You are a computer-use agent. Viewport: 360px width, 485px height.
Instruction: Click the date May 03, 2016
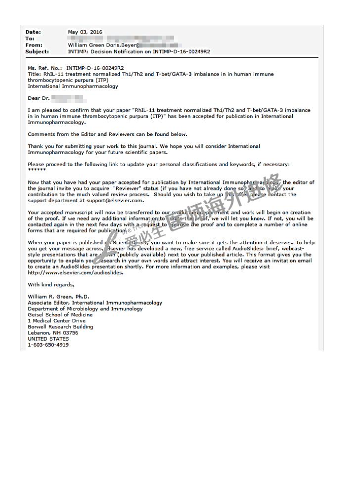pyautogui.click(x=85, y=32)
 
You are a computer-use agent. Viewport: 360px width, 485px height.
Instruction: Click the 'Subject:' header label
pyautogui.click(x=37, y=51)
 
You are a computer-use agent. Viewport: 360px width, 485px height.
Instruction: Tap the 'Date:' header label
pyautogui.click(x=33, y=32)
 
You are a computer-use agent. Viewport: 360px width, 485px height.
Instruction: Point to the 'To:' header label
pyautogui.click(x=30, y=39)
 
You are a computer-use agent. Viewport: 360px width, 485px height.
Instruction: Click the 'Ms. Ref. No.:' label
pyautogui.click(x=45, y=68)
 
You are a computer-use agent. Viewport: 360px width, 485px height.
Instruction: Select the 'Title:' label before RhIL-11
pyautogui.click(x=35, y=74)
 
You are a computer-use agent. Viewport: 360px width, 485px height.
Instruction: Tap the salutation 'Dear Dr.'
pyautogui.click(x=38, y=98)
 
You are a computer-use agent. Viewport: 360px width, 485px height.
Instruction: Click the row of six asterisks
pyautogui.click(x=37, y=170)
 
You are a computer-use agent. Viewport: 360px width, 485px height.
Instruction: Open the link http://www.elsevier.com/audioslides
pyautogui.click(x=76, y=272)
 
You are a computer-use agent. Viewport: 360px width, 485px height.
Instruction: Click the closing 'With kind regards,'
pyautogui.click(x=51, y=285)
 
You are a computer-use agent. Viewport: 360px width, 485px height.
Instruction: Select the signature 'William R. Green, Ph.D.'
pyautogui.click(x=58, y=297)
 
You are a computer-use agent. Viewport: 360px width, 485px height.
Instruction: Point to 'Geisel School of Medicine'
pyautogui.click(x=60, y=315)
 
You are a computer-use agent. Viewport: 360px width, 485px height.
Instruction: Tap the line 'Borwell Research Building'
pyautogui.click(x=60, y=327)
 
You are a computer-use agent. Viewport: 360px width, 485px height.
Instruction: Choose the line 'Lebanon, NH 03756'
pyautogui.click(x=53, y=333)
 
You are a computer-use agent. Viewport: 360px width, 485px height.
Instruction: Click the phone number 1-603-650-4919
pyautogui.click(x=48, y=345)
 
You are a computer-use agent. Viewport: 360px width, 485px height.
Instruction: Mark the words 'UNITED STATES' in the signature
pyautogui.click(x=48, y=339)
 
